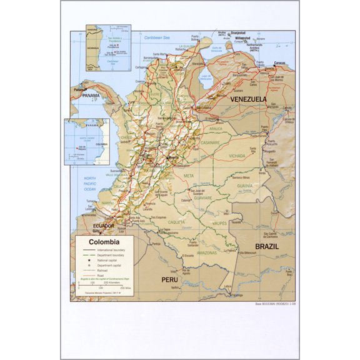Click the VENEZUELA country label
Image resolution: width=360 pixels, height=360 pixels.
click(x=248, y=99)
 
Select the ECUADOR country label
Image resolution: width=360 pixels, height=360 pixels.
click(x=102, y=226)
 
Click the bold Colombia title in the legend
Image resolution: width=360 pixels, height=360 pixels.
click(x=104, y=242)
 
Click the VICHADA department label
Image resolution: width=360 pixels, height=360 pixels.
click(x=237, y=156)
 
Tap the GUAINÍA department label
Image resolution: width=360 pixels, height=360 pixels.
click(x=244, y=186)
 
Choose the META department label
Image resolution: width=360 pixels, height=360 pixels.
click(x=189, y=176)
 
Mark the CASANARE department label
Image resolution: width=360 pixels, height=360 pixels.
click(x=210, y=142)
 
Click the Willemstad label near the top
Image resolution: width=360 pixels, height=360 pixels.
click(x=242, y=37)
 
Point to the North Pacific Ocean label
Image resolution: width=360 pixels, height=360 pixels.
click(x=90, y=183)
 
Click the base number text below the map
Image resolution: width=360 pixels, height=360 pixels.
click(x=273, y=304)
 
